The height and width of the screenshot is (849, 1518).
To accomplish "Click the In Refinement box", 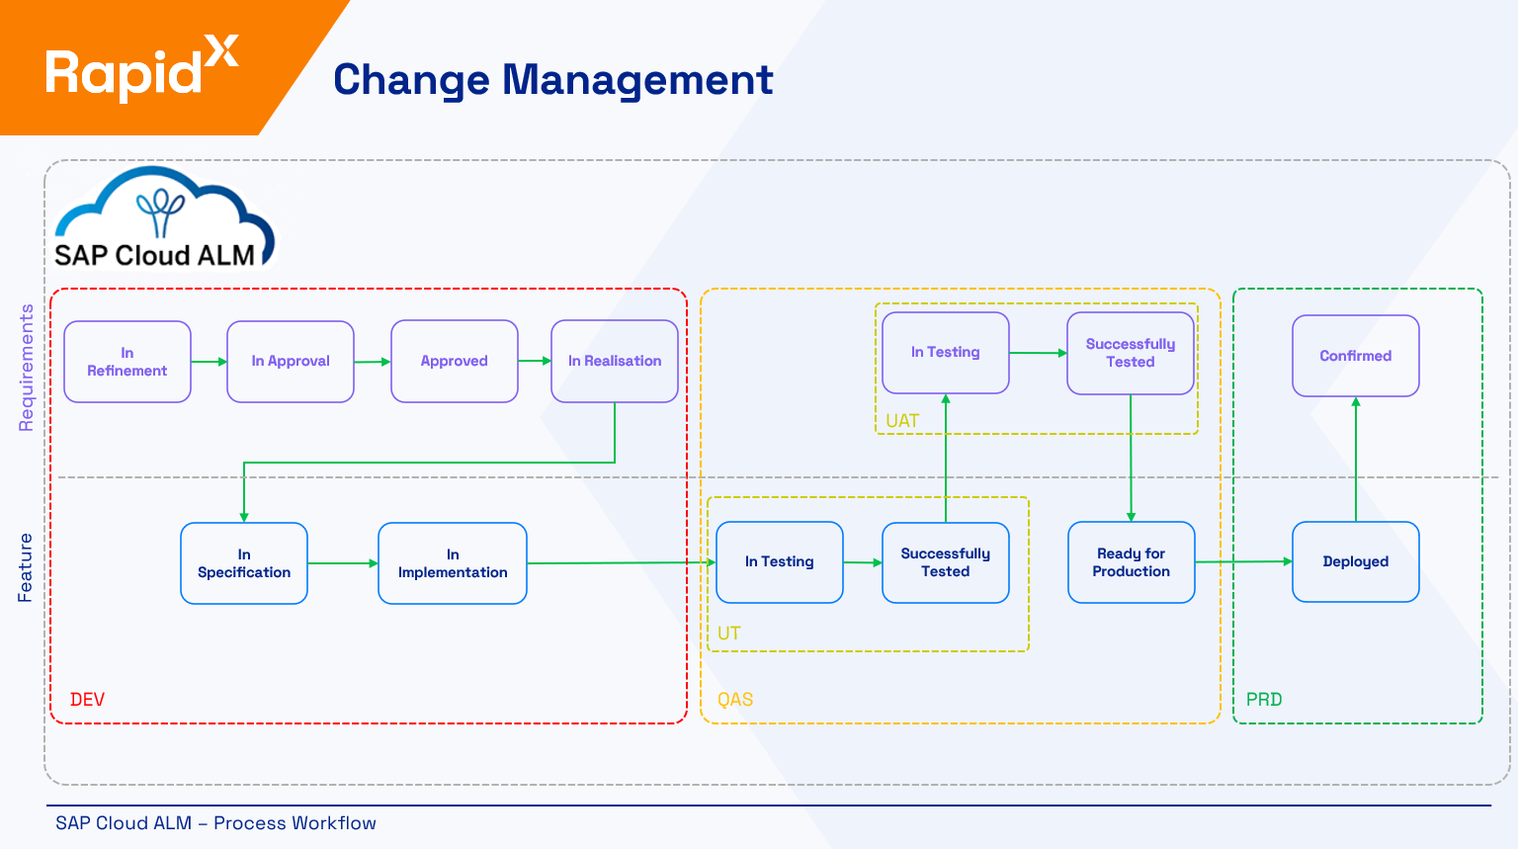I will pyautogui.click(x=127, y=362).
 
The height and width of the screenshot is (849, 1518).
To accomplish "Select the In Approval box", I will pyautogui.click(x=291, y=362).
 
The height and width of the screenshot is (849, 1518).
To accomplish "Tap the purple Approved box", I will pyautogui.click(x=455, y=362).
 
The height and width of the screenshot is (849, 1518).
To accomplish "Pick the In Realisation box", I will pyautogui.click(x=615, y=362).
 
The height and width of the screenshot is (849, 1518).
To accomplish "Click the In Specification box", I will pyautogui.click(x=244, y=563).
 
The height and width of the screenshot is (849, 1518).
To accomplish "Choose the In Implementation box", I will pyautogui.click(x=453, y=563).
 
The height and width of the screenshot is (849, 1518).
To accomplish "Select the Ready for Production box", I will pyautogui.click(x=1132, y=562).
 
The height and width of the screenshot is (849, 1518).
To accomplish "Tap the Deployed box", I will pyautogui.click(x=1356, y=561).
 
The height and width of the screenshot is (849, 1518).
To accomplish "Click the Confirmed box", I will pyautogui.click(x=1356, y=356).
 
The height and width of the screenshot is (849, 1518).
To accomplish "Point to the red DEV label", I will pyautogui.click(x=87, y=700).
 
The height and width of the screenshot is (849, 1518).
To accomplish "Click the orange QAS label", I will pyautogui.click(x=735, y=700).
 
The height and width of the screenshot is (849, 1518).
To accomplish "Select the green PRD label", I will pyautogui.click(x=1264, y=700).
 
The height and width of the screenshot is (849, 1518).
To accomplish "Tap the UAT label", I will pyautogui.click(x=902, y=421).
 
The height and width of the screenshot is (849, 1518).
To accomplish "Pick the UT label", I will pyautogui.click(x=729, y=634).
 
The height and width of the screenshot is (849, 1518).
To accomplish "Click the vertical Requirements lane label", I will pyautogui.click(x=27, y=368).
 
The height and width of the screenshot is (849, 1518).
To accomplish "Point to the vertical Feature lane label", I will pyautogui.click(x=26, y=568).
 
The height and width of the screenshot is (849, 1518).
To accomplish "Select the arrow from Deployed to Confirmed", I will pyautogui.click(x=1356, y=460).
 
